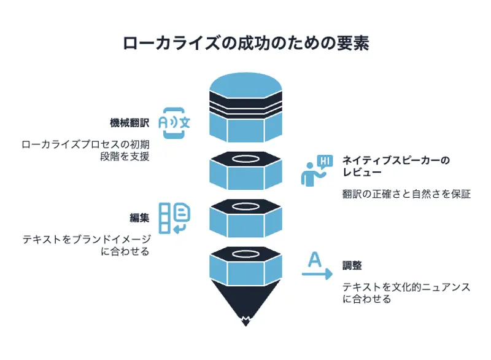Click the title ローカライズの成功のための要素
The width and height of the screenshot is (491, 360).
tap(245, 44)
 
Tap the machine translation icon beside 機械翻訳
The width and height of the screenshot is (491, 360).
tap(174, 120)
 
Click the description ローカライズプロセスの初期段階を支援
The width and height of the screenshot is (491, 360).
tap(85, 151)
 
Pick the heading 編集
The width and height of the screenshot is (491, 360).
tap(139, 217)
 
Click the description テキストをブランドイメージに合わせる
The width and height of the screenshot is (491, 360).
tap(85, 246)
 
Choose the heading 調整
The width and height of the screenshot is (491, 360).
tap(352, 266)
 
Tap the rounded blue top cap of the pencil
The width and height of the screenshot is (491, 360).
tap(245, 83)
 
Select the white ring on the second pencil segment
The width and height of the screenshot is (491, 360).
tap(245, 160)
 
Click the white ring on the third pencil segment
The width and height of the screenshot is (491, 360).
tap(245, 206)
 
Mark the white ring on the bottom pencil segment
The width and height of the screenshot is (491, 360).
tap(245, 253)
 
